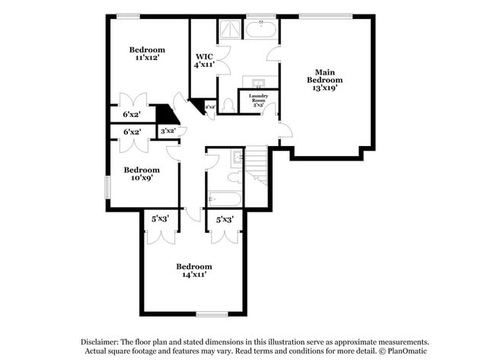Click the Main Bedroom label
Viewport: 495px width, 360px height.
tap(324, 80)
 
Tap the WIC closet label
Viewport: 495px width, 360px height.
tap(203, 61)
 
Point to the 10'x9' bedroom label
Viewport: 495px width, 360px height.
tap(142, 174)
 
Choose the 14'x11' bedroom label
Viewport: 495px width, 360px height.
tap(194, 270)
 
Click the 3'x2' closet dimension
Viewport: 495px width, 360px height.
tap(168, 132)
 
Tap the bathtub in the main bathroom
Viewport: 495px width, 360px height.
tap(260, 30)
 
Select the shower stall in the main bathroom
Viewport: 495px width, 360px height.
tap(230, 30)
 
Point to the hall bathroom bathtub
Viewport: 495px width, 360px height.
tap(224, 199)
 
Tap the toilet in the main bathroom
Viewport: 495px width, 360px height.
tap(228, 104)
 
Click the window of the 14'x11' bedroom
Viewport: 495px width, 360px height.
tap(212, 314)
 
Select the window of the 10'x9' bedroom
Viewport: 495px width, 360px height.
tap(107, 186)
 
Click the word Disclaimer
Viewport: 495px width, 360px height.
tap(104, 342)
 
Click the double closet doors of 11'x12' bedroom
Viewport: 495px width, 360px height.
tap(129, 101)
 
